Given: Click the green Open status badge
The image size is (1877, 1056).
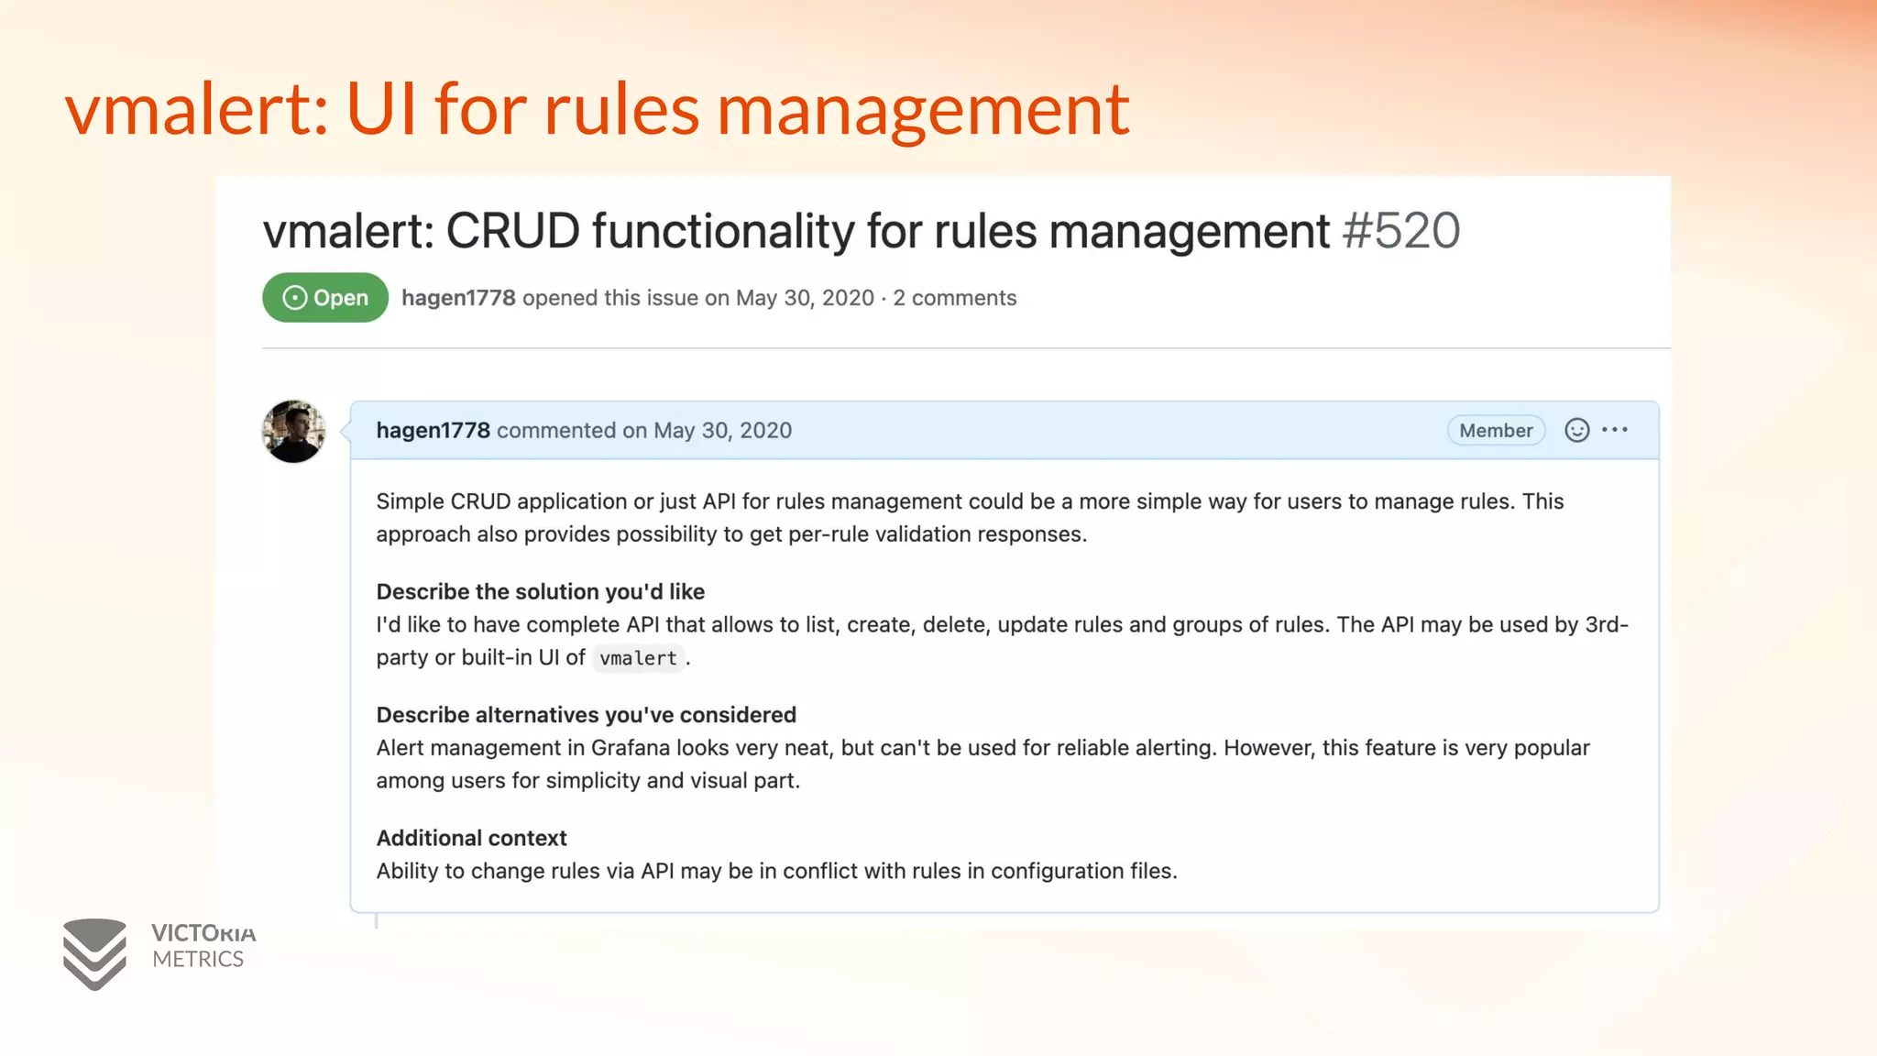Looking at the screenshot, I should pyautogui.click(x=325, y=298).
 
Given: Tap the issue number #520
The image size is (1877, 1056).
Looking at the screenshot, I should pyautogui.click(x=1400, y=231).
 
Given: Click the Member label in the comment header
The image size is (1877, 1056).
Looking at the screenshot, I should pyautogui.click(x=1496, y=431).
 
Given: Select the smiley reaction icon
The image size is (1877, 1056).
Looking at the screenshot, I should pyautogui.click(x=1576, y=430).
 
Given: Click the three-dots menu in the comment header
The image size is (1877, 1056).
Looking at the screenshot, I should pyautogui.click(x=1615, y=430).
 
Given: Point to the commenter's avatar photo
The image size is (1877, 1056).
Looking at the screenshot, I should pyautogui.click(x=293, y=431).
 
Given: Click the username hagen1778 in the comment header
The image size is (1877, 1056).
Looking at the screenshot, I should pyautogui.click(x=433, y=431).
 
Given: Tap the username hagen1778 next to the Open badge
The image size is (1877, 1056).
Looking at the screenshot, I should pyautogui.click(x=458, y=298).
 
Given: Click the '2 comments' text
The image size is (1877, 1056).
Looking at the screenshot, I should pyautogui.click(x=955, y=298).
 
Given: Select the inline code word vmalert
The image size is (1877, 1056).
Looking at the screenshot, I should pyautogui.click(x=638, y=658).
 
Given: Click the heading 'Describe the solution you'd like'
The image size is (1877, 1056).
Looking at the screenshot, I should pyautogui.click(x=541, y=591).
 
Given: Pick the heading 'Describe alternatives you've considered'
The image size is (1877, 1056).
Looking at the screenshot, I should pyautogui.click(x=587, y=715).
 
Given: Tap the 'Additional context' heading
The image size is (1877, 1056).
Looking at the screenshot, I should pyautogui.click(x=472, y=838).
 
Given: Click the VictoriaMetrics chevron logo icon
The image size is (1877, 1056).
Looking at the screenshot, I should pyautogui.click(x=94, y=953).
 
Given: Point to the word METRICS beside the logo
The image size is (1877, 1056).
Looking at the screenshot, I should pyautogui.click(x=198, y=960).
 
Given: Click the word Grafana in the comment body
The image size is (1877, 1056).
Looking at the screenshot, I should pyautogui.click(x=631, y=748).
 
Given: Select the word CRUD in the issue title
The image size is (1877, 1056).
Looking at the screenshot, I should pyautogui.click(x=513, y=231).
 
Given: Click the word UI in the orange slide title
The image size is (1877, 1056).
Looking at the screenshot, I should pyautogui.click(x=381, y=110).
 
